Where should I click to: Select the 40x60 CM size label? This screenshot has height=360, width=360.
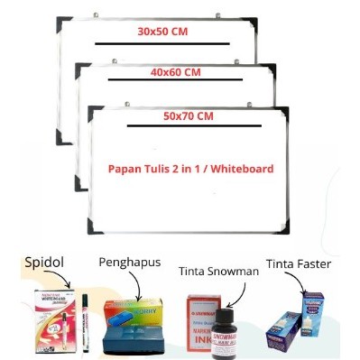pyautogui.click(x=177, y=73)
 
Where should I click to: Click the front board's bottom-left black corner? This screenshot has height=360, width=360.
pyautogui.click(x=94, y=227)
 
